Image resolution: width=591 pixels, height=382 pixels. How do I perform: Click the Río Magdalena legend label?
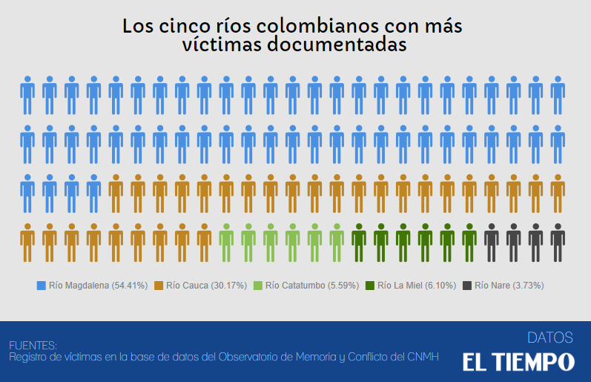[98, 285]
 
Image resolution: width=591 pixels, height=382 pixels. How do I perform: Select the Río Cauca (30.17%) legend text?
[207, 285]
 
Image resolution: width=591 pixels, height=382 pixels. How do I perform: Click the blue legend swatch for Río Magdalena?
[42, 285]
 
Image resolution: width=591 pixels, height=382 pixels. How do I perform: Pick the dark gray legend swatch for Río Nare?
[467, 285]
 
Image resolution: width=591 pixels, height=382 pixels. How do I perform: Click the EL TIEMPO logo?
[518, 362]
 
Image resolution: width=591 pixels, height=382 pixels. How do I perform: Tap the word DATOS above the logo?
[549, 337]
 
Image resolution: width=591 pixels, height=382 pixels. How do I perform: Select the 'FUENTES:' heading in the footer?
[33, 345]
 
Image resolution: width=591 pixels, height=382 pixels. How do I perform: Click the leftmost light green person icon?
[226, 242]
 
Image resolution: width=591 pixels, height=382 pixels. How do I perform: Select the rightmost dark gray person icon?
[558, 242]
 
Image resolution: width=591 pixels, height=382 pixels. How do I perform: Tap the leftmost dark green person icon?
[359, 242]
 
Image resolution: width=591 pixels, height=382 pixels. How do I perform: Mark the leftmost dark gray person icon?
[491, 242]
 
